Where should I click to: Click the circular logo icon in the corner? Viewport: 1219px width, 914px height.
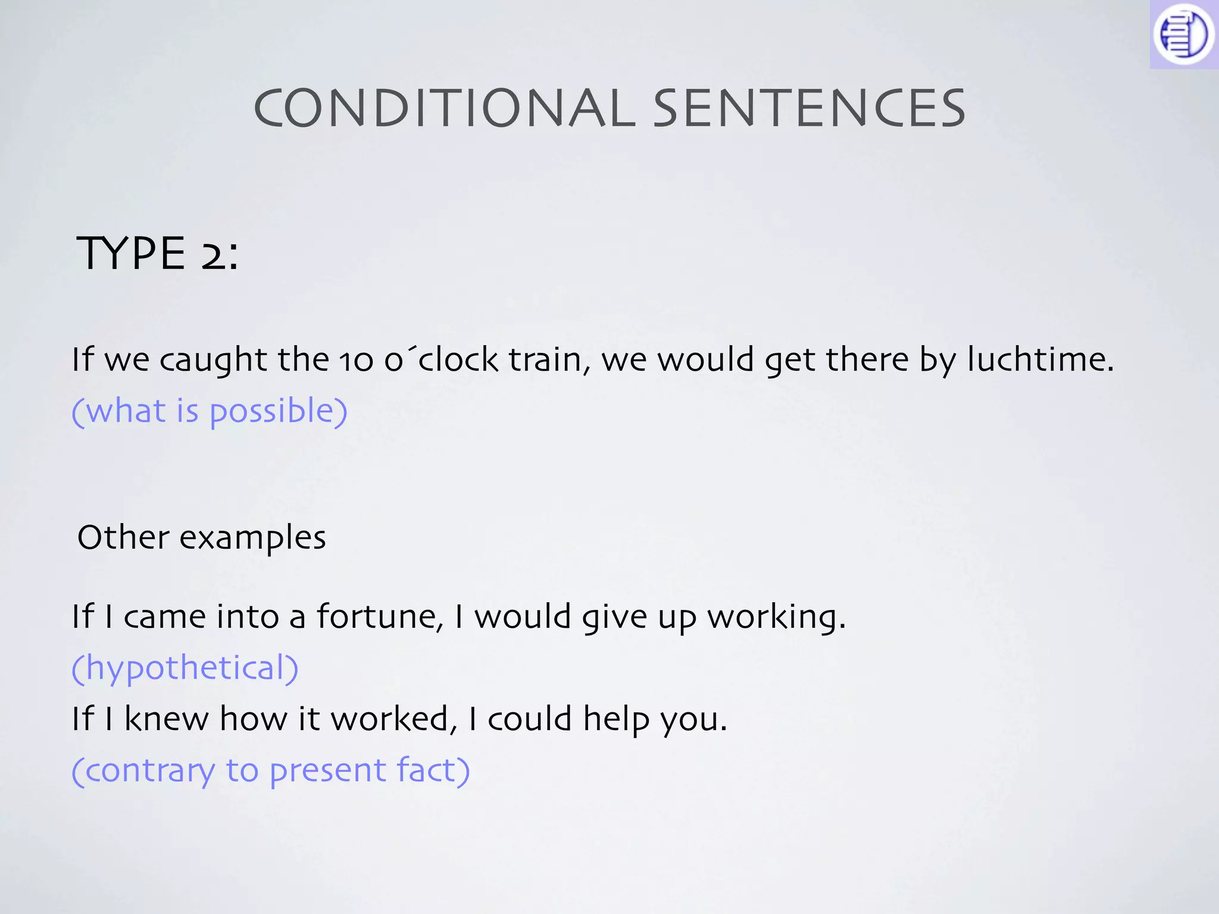[x=1183, y=34]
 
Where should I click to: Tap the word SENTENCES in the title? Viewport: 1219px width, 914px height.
[x=809, y=108]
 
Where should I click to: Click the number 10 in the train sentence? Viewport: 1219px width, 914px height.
[x=356, y=361]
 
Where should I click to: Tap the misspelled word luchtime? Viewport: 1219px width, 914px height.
[x=1039, y=359]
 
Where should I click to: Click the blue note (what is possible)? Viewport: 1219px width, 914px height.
[x=210, y=411]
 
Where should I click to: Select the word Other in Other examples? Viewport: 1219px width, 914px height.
[x=123, y=537]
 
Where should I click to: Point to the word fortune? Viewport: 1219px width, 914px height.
[x=380, y=616]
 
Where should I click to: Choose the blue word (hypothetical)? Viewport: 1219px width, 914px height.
[x=185, y=668]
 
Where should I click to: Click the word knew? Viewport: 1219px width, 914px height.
[x=166, y=719]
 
